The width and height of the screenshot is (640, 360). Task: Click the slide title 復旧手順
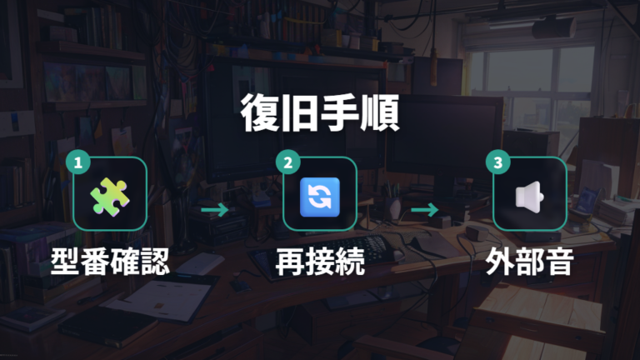click(320, 113)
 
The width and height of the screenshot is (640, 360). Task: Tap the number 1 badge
click(78, 162)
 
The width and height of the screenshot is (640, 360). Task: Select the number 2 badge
click(287, 162)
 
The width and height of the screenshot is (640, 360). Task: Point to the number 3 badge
click(498, 162)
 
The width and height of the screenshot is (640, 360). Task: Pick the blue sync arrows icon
click(320, 197)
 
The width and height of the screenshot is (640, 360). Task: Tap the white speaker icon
click(529, 197)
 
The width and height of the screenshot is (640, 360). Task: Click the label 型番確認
click(110, 261)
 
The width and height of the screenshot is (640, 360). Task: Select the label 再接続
click(320, 261)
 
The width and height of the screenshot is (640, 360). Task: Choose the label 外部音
click(530, 261)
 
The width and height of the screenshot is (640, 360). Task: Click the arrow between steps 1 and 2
click(215, 210)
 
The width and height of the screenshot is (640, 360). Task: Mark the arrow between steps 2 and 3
click(424, 210)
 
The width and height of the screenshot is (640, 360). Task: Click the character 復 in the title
click(260, 113)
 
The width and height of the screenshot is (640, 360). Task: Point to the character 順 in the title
click(380, 113)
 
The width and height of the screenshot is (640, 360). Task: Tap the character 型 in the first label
click(65, 261)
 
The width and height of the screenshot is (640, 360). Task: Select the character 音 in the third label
click(560, 261)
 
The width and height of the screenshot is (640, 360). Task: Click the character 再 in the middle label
click(290, 261)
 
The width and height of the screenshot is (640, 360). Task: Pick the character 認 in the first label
click(155, 261)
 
